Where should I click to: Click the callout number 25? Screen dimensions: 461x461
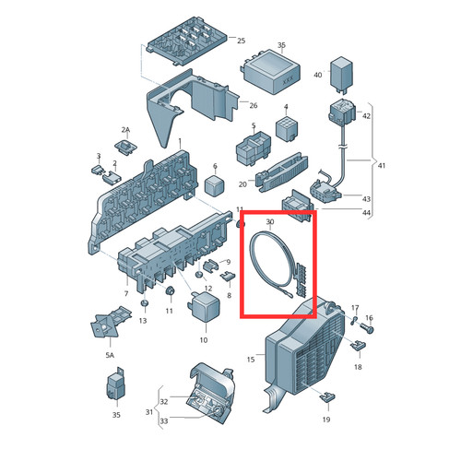tap(242, 41)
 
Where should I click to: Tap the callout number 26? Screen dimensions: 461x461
tap(254, 105)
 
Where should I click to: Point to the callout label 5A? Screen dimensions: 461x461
tap(110, 355)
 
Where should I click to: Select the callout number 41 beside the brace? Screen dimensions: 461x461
tap(382, 166)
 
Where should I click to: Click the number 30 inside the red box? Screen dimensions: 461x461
tap(270, 221)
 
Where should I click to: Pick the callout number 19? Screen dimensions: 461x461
tap(326, 420)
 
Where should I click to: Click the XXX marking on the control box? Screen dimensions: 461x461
tap(288, 81)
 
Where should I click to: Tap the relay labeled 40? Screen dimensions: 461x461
tap(341, 74)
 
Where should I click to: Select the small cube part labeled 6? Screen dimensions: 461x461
tap(215, 185)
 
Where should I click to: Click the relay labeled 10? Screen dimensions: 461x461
tap(204, 306)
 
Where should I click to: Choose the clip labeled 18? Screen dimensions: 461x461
tap(358, 346)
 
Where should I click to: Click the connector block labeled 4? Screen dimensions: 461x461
tap(287, 128)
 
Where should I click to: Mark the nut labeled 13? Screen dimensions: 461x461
tap(144, 302)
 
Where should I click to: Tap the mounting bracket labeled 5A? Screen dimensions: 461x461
tap(109, 322)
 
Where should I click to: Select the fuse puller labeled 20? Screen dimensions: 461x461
tap(282, 172)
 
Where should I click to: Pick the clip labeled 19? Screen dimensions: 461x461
tap(327, 397)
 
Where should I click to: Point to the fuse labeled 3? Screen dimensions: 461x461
tap(99, 170)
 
